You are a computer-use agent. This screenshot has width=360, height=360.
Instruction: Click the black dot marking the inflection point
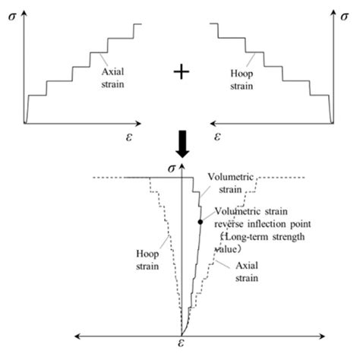click(x=200, y=221)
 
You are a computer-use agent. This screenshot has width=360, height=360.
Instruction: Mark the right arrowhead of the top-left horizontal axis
click(x=141, y=123)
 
